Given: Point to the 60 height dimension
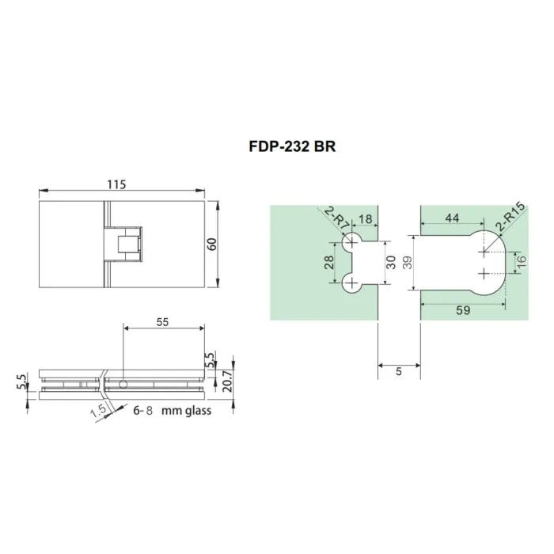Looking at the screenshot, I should [x=211, y=243].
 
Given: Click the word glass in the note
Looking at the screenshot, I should [x=195, y=412].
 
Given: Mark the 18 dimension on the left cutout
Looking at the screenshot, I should [x=366, y=218].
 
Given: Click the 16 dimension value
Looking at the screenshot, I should [x=520, y=262].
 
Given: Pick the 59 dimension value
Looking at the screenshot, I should [x=463, y=311].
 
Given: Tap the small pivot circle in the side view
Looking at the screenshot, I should [x=124, y=384].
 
